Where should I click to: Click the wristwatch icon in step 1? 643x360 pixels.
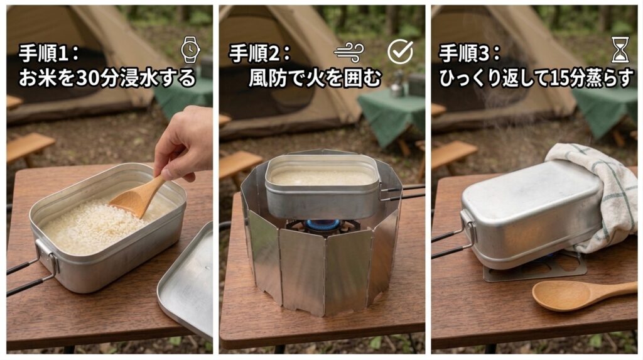[x=190, y=50]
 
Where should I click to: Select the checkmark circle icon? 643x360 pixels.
[x=400, y=52]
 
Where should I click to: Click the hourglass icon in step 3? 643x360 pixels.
[x=620, y=50]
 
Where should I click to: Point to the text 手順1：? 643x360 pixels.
[x=49, y=53]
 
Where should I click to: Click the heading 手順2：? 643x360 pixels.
[x=259, y=53]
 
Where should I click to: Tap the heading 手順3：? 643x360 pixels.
[x=470, y=53]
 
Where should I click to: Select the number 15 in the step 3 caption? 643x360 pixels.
[x=559, y=79]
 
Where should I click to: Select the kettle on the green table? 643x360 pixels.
[x=397, y=85]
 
